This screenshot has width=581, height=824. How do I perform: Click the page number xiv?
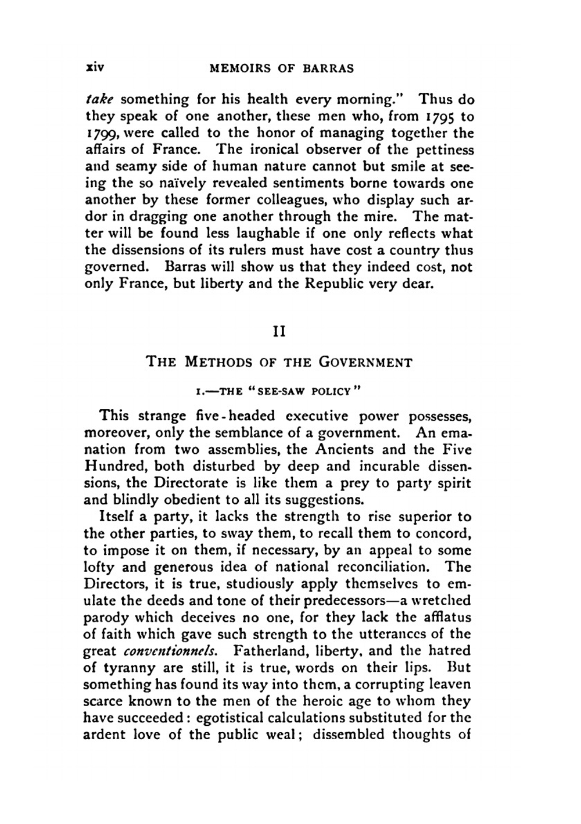(94, 67)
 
